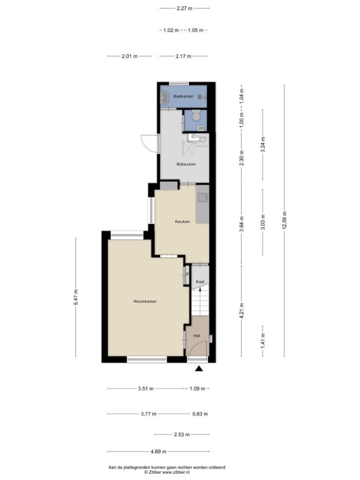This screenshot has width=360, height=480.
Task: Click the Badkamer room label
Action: (183, 96)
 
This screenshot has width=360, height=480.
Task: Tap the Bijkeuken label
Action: (186, 164)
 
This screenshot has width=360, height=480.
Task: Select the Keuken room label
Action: (182, 221)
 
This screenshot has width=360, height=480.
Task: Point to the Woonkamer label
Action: (145, 301)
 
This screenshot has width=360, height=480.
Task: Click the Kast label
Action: (200, 281)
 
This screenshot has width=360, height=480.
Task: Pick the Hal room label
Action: (197, 336)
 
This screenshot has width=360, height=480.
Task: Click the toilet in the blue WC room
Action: (196, 117)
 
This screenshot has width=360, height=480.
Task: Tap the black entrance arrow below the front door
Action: (199, 369)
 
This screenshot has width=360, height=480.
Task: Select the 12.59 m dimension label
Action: (284, 220)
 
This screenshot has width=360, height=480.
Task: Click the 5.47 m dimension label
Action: (75, 297)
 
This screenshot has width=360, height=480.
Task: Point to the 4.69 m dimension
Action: (158, 452)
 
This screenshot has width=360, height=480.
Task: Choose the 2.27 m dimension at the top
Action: (184, 8)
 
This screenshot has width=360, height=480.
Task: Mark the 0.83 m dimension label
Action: (200, 414)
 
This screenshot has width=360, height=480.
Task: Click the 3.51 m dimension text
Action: (146, 389)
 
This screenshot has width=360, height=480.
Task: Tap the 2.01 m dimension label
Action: (129, 56)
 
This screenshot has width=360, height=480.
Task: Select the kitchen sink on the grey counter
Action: (202, 198)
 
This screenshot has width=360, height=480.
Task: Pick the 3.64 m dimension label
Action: (242, 224)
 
